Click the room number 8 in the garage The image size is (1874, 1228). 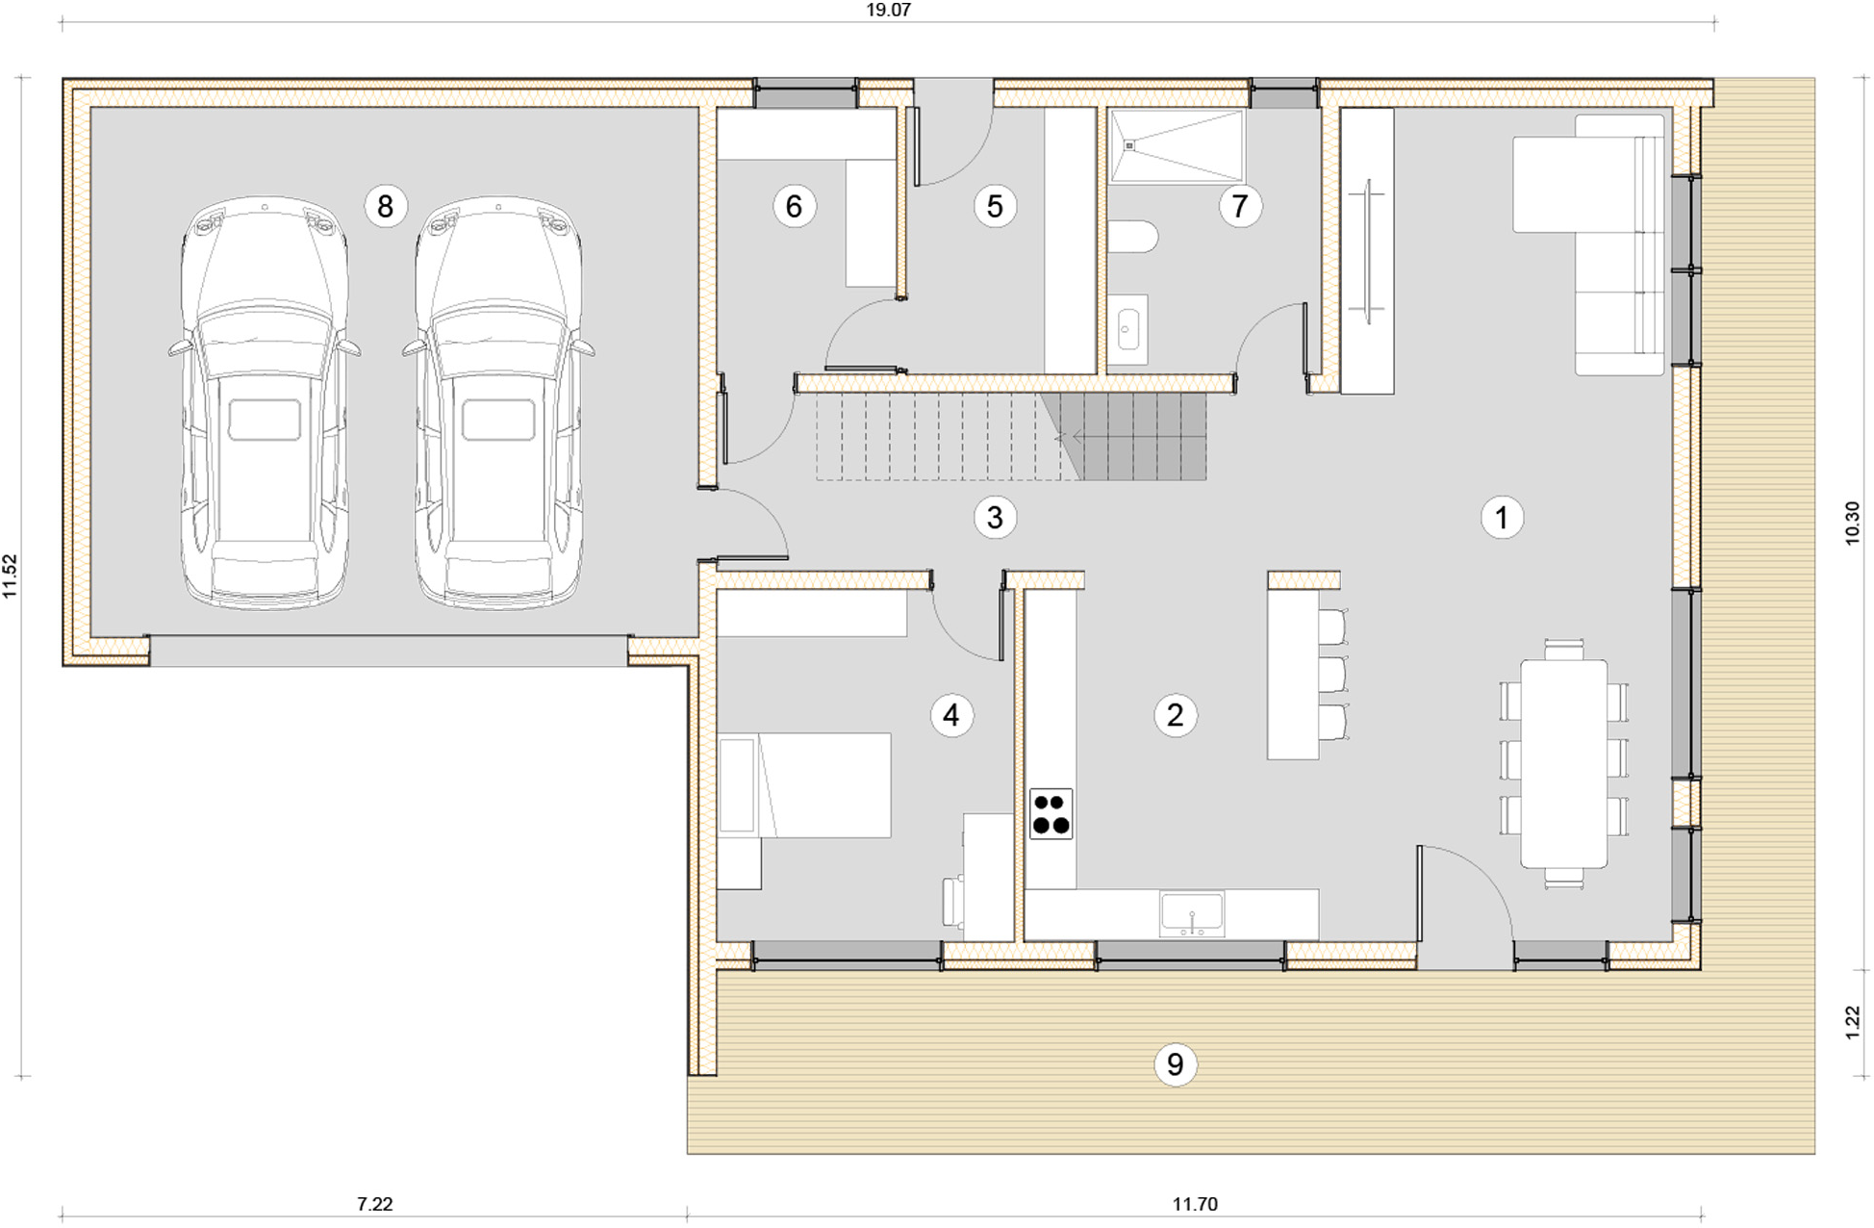[x=385, y=206]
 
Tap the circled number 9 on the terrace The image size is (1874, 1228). [x=1175, y=1064]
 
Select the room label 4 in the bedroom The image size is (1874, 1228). [x=951, y=715]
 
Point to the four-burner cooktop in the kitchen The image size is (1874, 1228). [x=1051, y=814]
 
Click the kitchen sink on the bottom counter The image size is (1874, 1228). [x=1192, y=913]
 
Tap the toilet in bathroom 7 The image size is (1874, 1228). [x=1133, y=237]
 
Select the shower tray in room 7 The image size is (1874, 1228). [x=1177, y=145]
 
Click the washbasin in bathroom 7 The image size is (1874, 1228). [x=1128, y=329]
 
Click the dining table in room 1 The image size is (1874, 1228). [x=1563, y=763]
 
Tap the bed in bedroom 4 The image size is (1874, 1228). [x=804, y=785]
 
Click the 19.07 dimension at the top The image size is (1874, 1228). [x=888, y=11]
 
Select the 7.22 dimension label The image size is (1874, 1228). [x=374, y=1204]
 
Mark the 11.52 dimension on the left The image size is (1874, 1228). [x=11, y=576]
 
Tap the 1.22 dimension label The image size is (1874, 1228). [x=1853, y=1022]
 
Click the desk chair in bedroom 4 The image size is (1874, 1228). [x=953, y=902]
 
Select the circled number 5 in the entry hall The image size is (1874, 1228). [x=995, y=206]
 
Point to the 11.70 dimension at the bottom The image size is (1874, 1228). [x=1195, y=1204]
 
